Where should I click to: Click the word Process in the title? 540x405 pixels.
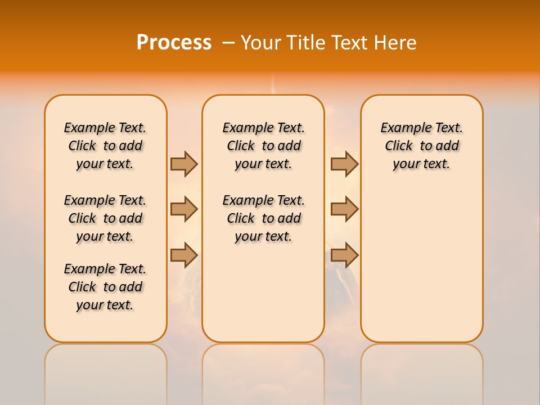coord(174,43)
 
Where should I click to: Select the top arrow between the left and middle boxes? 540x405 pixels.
coord(184,164)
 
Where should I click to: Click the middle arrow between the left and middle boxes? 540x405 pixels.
coord(184,209)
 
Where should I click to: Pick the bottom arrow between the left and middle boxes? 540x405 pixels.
coord(184,255)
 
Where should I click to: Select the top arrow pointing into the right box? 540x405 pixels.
coord(344,164)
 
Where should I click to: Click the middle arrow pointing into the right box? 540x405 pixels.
coord(344,209)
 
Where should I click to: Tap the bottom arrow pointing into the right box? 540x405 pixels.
coord(344,255)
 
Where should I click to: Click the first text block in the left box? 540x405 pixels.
coord(105,146)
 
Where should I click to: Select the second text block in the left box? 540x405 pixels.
coord(105,218)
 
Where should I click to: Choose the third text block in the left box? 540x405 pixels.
coord(105,287)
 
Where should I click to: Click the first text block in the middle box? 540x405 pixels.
coord(263,146)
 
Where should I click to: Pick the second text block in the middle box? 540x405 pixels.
coord(263,218)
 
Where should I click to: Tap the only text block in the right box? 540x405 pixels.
coord(421,146)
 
